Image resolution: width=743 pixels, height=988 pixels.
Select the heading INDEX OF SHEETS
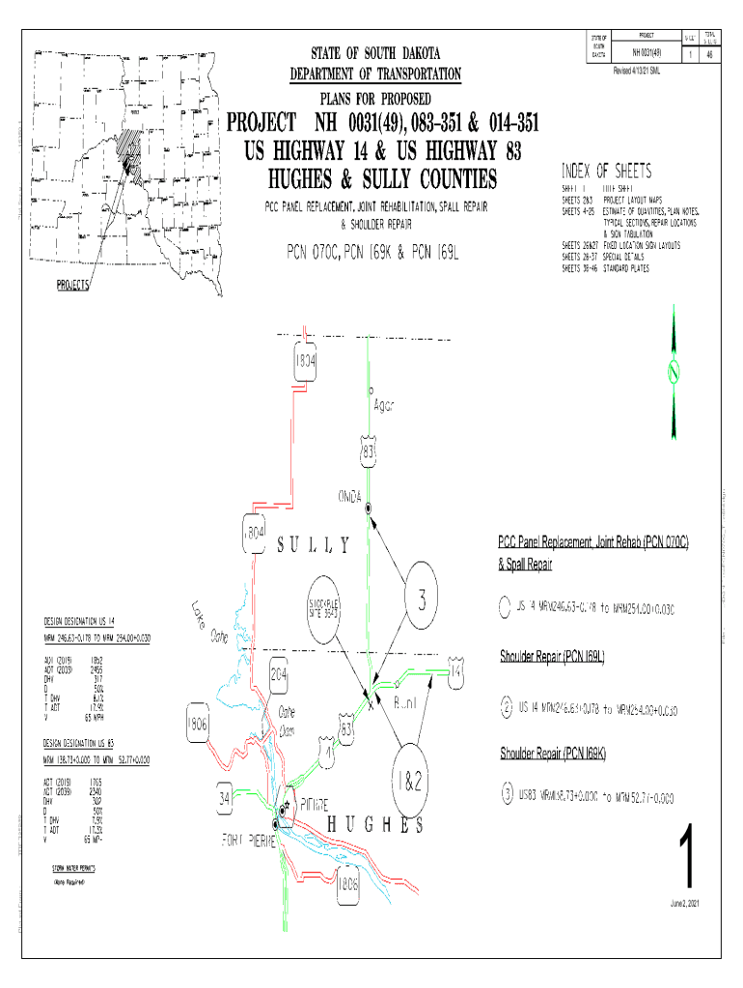607,172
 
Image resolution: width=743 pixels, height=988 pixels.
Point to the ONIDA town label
349,496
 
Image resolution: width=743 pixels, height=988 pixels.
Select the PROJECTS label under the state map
72,286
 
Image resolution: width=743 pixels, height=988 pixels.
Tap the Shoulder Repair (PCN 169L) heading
551,658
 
